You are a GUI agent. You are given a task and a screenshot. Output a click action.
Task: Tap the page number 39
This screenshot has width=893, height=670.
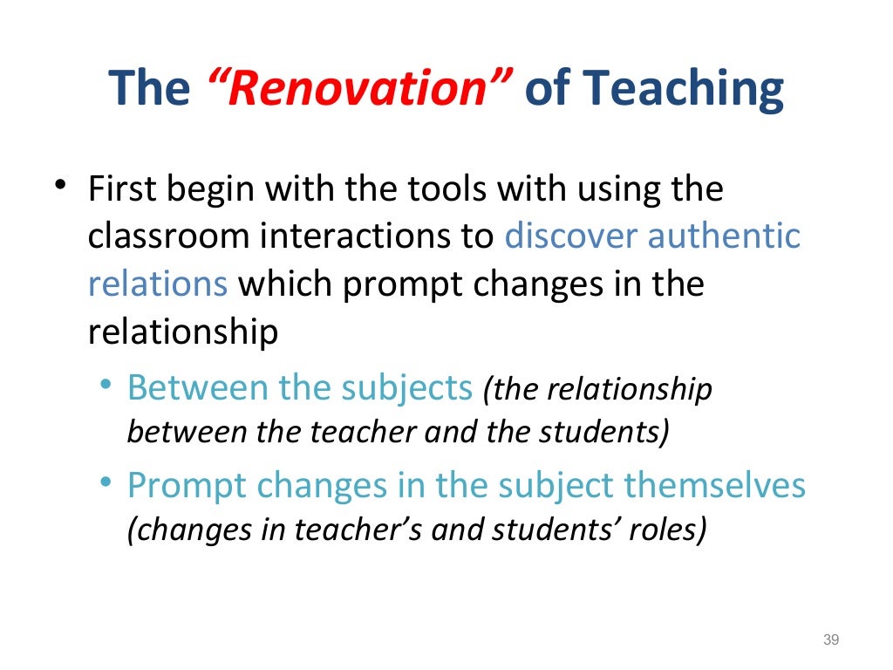coord(830,641)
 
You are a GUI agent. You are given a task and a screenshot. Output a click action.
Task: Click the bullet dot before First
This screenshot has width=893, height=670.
coord(58,186)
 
